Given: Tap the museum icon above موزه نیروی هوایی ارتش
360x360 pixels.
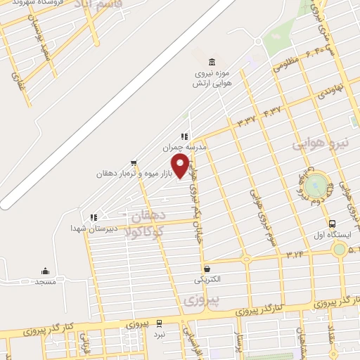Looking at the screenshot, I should click(212, 63).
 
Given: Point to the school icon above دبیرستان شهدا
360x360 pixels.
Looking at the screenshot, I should click(93, 218).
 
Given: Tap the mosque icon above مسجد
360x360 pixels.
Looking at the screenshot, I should click(46, 271).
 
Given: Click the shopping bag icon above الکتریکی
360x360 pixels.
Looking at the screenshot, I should click(207, 269).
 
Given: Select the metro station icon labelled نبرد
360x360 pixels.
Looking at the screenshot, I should click(160, 323).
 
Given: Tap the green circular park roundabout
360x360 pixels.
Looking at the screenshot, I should click(316, 185).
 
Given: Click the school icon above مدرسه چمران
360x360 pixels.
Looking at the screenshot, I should click(184, 136).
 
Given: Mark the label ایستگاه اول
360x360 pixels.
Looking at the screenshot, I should click(326, 236).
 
